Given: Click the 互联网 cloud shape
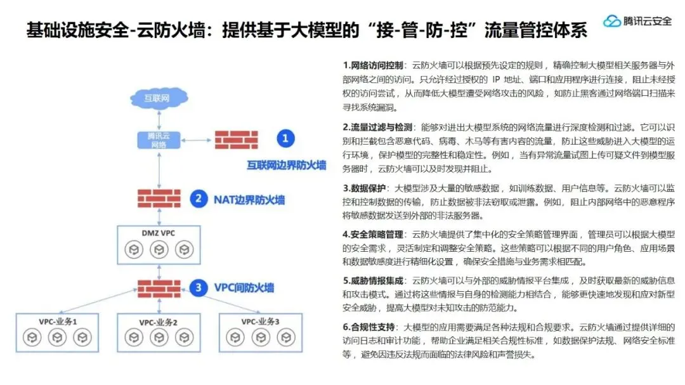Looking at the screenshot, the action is pyautogui.click(x=157, y=98).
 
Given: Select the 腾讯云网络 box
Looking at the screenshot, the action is pyautogui.click(x=157, y=140).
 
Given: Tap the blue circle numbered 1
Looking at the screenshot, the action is pyautogui.click(x=285, y=138).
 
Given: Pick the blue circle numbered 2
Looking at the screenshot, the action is pyautogui.click(x=199, y=199).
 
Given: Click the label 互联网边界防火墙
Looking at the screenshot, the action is pyautogui.click(x=287, y=165).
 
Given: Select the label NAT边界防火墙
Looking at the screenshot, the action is pyautogui.click(x=249, y=200).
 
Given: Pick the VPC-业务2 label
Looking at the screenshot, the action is pyautogui.click(x=157, y=322).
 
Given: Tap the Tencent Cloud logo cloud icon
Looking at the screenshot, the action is pyautogui.click(x=611, y=22).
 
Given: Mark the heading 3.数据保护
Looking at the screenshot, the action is pyautogui.click(x=364, y=188).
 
